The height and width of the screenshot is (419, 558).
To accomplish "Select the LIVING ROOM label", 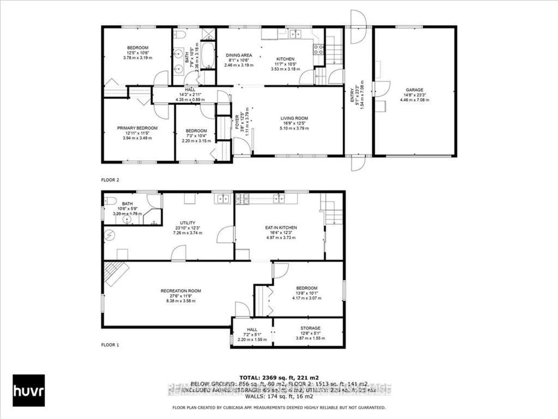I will [294, 118].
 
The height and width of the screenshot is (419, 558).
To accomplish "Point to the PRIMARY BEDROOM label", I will [137, 128].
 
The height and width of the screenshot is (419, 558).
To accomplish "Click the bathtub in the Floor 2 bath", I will [208, 55].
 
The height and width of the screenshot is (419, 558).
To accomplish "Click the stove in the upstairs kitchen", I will [318, 49].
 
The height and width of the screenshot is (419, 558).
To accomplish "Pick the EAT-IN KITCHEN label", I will [281, 228].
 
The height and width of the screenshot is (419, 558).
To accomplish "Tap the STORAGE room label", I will [310, 328].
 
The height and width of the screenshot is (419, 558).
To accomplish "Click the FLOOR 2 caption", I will [110, 180].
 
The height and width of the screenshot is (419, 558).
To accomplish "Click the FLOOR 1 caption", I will [110, 345].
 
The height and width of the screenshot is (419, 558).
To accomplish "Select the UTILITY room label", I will [187, 223].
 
